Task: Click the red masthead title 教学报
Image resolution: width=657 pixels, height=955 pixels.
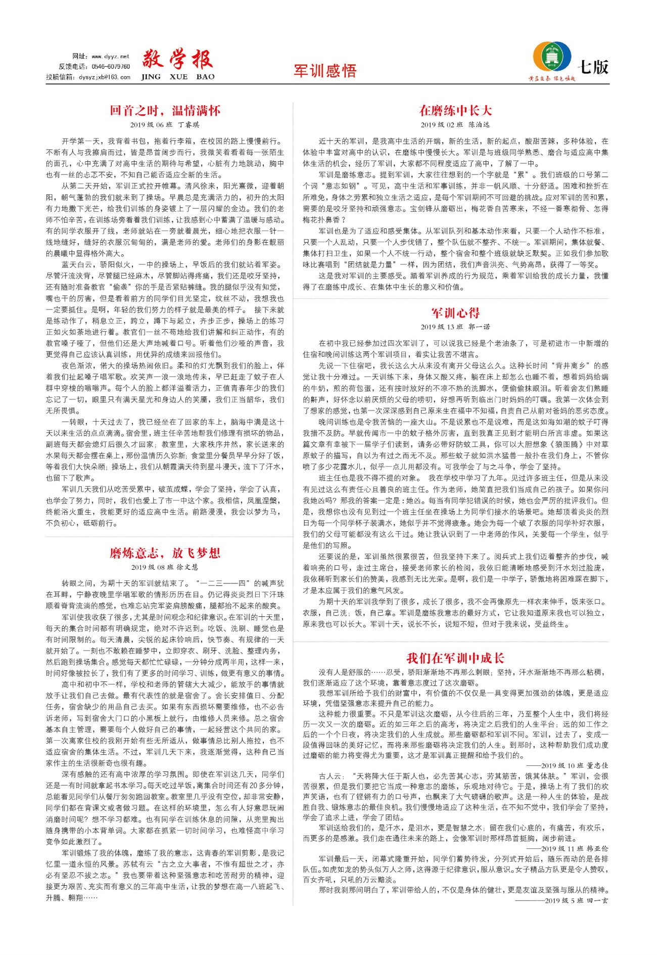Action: pyautogui.click(x=177, y=60)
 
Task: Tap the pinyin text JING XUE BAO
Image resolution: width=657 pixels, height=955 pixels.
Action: pyautogui.click(x=177, y=77)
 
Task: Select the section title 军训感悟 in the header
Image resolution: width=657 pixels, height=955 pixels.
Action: pyautogui.click(x=325, y=70)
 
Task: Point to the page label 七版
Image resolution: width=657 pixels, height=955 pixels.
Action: pyautogui.click(x=593, y=67)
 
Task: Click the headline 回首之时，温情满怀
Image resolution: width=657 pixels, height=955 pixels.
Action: pyautogui.click(x=165, y=110)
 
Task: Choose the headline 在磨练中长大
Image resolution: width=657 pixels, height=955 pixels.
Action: pyautogui.click(x=455, y=110)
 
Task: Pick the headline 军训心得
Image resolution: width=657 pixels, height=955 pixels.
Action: pyautogui.click(x=455, y=313)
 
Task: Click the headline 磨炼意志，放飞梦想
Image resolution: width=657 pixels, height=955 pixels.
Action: pyautogui.click(x=165, y=553)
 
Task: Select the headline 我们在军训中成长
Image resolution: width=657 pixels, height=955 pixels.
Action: pyautogui.click(x=455, y=658)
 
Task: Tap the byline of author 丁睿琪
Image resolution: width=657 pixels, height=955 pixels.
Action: pyautogui.click(x=165, y=124)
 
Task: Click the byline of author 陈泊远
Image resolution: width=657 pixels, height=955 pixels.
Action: pyautogui.click(x=455, y=124)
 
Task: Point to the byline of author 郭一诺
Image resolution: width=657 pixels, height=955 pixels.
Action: pyautogui.click(x=455, y=327)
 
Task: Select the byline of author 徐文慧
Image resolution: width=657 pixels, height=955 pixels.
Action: pyautogui.click(x=165, y=567)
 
